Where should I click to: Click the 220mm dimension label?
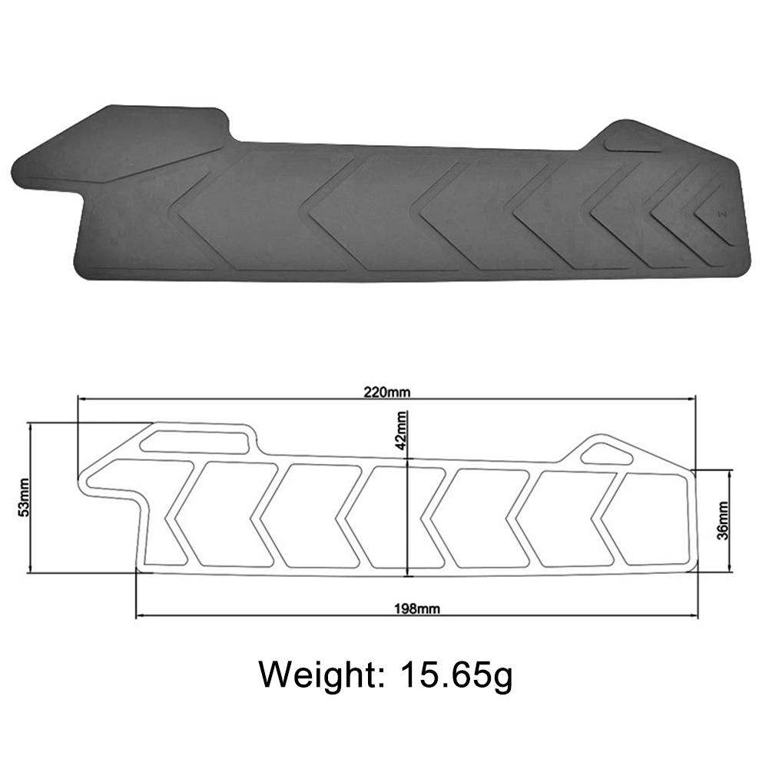(x=387, y=392)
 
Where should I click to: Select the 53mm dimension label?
(x=22, y=498)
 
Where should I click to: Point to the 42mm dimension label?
(x=401, y=430)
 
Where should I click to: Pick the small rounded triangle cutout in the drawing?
(x=606, y=454)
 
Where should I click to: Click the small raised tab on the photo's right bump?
(x=633, y=142)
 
